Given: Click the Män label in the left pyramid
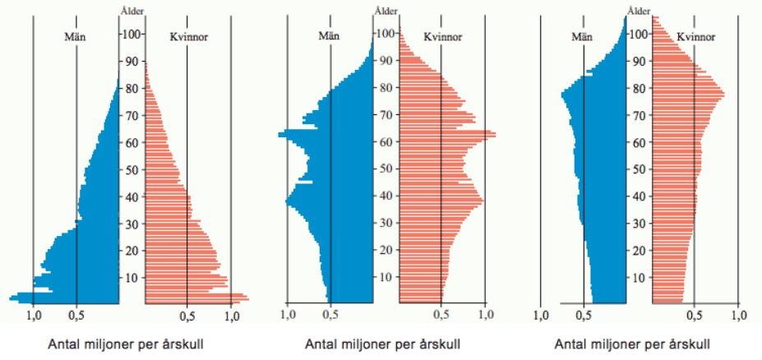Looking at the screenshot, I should pyautogui.click(x=75, y=36).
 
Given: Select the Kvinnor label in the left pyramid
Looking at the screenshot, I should pyautogui.click(x=187, y=36).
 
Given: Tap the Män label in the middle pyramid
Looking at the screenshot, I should pyautogui.click(x=330, y=36).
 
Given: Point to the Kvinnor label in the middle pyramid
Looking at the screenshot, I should pyautogui.click(x=442, y=36).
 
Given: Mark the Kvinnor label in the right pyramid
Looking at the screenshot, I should pyautogui.click(x=695, y=36).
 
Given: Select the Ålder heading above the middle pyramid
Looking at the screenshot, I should pyautogui.click(x=386, y=10).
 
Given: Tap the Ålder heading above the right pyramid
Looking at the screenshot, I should pyautogui.click(x=639, y=10).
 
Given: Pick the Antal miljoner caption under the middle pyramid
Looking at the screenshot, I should pyautogui.click(x=382, y=344).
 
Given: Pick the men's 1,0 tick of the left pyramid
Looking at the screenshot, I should pyautogui.click(x=34, y=314).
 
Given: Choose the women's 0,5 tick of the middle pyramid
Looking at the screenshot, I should pyautogui.click(x=441, y=314).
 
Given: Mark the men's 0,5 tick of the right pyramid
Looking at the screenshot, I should pyautogui.click(x=583, y=314).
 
